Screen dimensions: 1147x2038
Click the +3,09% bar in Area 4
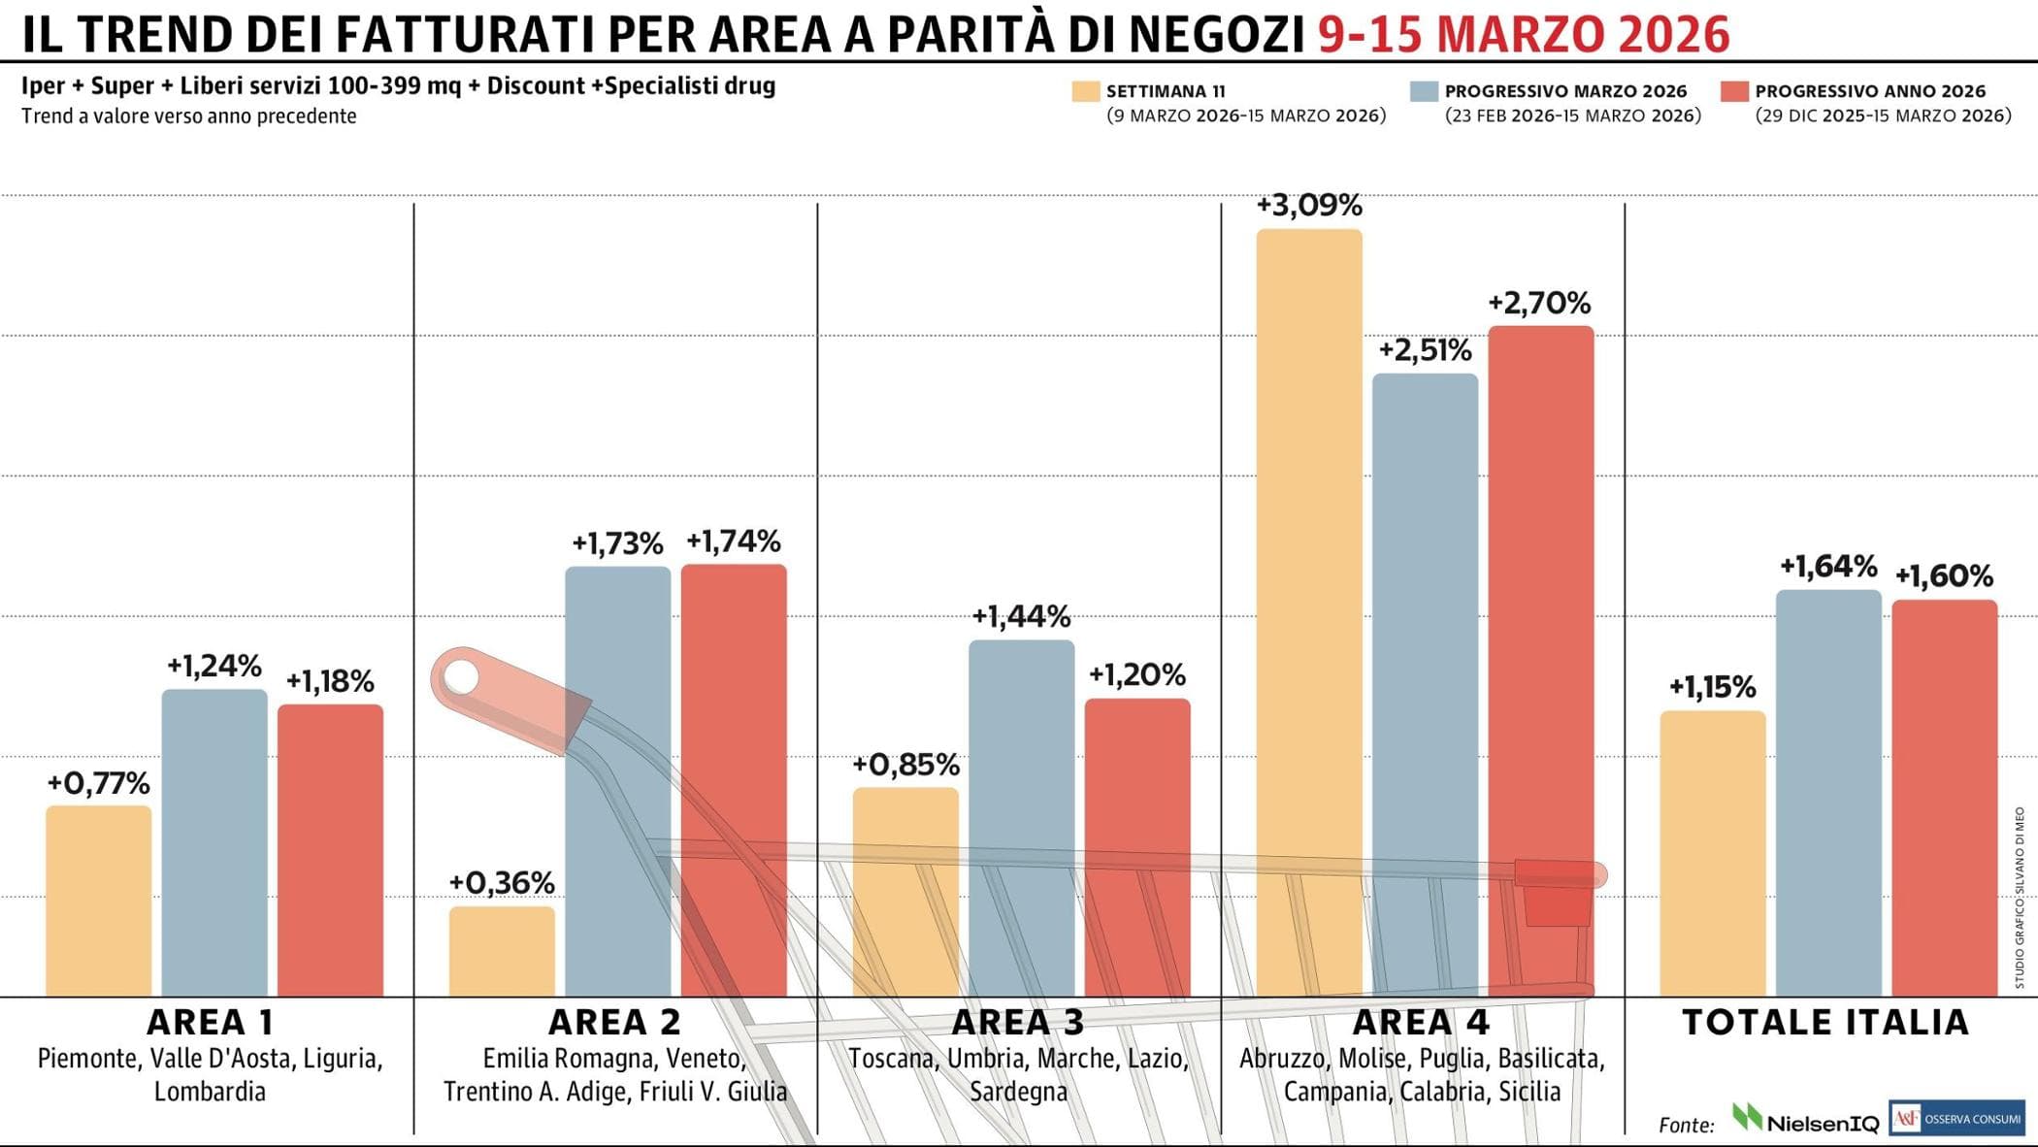[1308, 611]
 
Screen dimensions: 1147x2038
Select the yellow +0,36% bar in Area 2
[502, 951]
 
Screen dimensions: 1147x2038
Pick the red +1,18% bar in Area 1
[330, 849]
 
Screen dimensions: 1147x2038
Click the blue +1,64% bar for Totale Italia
[1828, 792]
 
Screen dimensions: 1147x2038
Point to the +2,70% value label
[1539, 304]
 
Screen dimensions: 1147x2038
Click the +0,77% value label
[98, 783]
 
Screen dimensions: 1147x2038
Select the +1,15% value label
[1712, 687]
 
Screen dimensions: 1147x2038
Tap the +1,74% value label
[733, 541]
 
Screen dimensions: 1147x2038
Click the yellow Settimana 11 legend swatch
[1085, 91]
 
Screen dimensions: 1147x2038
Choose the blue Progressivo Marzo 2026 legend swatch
[1424, 91]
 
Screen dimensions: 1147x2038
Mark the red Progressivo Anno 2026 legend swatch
[1734, 91]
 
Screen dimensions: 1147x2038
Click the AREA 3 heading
[1017, 1022]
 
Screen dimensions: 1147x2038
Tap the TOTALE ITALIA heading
[1824, 1022]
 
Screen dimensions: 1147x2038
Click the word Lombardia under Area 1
[210, 1092]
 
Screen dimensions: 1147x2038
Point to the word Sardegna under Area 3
[1018, 1092]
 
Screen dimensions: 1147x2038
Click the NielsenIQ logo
[1805, 1121]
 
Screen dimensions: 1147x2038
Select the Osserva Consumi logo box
[1956, 1119]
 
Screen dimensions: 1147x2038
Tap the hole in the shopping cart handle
[461, 676]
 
